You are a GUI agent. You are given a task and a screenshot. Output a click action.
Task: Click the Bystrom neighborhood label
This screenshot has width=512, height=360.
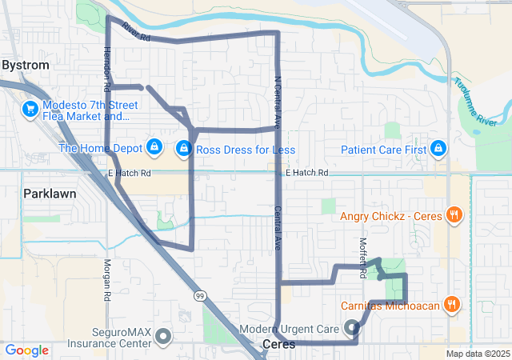coord(26,65)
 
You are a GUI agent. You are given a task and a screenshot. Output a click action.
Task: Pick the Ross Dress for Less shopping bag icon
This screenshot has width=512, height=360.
coord(184,149)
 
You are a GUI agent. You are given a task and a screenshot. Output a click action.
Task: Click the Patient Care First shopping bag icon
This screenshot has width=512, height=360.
coord(438,149)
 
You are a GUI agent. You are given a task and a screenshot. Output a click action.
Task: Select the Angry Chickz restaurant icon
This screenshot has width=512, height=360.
coord(454,214)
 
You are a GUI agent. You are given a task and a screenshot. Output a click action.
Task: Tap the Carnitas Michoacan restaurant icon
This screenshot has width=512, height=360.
coord(453,304)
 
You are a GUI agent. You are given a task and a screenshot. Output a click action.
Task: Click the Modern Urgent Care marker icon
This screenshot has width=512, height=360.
coord(352,326)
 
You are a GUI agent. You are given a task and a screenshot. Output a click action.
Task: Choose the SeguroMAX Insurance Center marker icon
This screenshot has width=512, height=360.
coord(164,336)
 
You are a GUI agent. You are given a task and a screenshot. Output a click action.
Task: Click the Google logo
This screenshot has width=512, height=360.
coord(27,350)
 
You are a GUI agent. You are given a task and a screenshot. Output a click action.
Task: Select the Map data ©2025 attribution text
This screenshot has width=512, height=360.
coord(478,354)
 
